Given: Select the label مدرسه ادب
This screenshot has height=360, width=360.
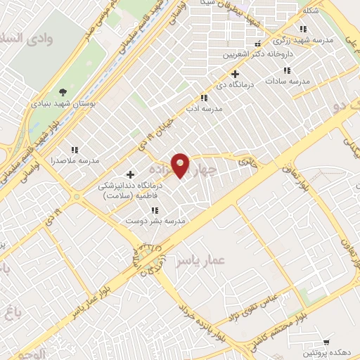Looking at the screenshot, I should pyautogui.click(x=203, y=109).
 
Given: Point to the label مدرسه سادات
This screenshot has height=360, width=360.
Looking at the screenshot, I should pyautogui.click(x=287, y=82).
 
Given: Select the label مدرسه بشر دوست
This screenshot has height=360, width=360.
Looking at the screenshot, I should pyautogui.click(x=155, y=221).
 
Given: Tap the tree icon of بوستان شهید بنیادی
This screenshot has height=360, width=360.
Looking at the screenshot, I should pyautogui.click(x=63, y=91).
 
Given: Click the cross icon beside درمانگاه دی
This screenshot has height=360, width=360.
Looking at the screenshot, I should pyautogui.click(x=235, y=74).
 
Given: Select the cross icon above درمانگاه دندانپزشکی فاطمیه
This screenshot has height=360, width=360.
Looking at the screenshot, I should pyautogui.click(x=130, y=174).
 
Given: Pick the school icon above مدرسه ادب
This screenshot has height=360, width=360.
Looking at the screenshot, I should pyautogui.click(x=204, y=98).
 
